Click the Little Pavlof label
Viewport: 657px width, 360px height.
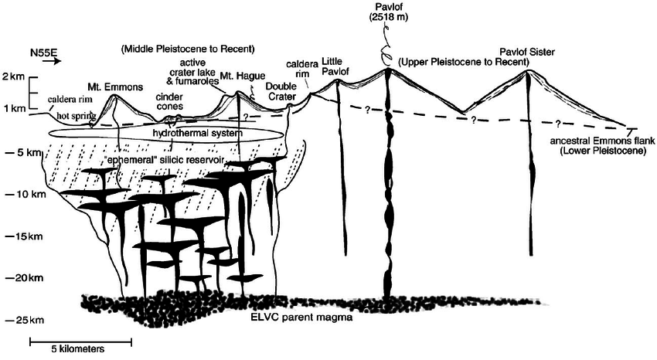point(336,68)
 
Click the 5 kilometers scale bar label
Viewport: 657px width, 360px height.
point(75,349)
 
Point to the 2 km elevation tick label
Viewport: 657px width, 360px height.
point(13,77)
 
